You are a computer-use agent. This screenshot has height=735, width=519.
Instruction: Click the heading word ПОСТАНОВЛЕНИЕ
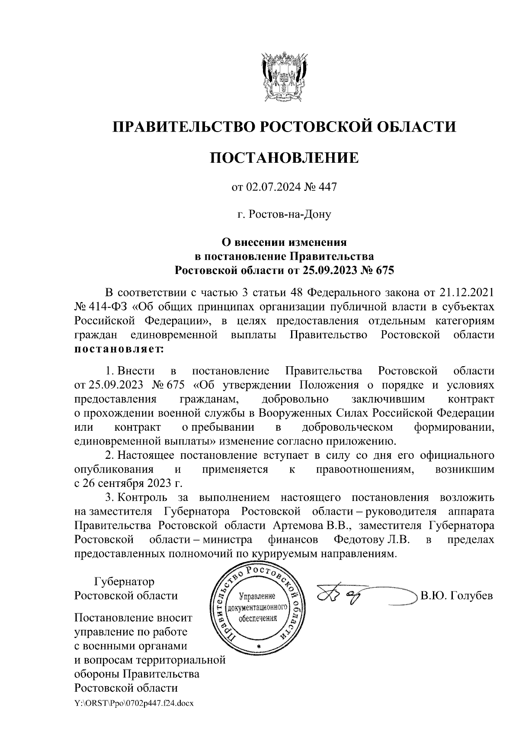click(x=284, y=158)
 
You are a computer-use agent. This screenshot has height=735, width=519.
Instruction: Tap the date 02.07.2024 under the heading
click(x=269, y=187)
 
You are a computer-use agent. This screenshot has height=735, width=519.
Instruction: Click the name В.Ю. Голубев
click(x=456, y=596)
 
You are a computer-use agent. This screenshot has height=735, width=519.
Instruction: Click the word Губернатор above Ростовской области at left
click(x=124, y=581)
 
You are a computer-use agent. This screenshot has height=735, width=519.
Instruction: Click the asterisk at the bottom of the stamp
click(x=259, y=646)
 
